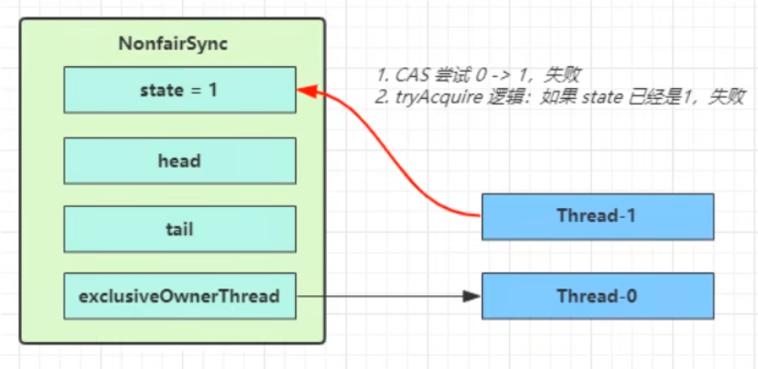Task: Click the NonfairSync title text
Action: click(173, 44)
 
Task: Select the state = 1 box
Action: click(179, 90)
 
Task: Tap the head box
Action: click(179, 160)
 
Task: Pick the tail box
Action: click(179, 229)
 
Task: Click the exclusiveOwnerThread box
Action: click(179, 296)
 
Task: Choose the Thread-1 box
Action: click(598, 216)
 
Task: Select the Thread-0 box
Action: click(598, 296)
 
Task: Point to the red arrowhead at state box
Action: click(307, 91)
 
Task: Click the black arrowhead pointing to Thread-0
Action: click(471, 296)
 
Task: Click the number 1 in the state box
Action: click(212, 90)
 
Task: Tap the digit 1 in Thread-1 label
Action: click(631, 216)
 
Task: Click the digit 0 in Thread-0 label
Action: click(631, 296)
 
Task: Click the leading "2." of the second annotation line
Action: click(382, 98)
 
